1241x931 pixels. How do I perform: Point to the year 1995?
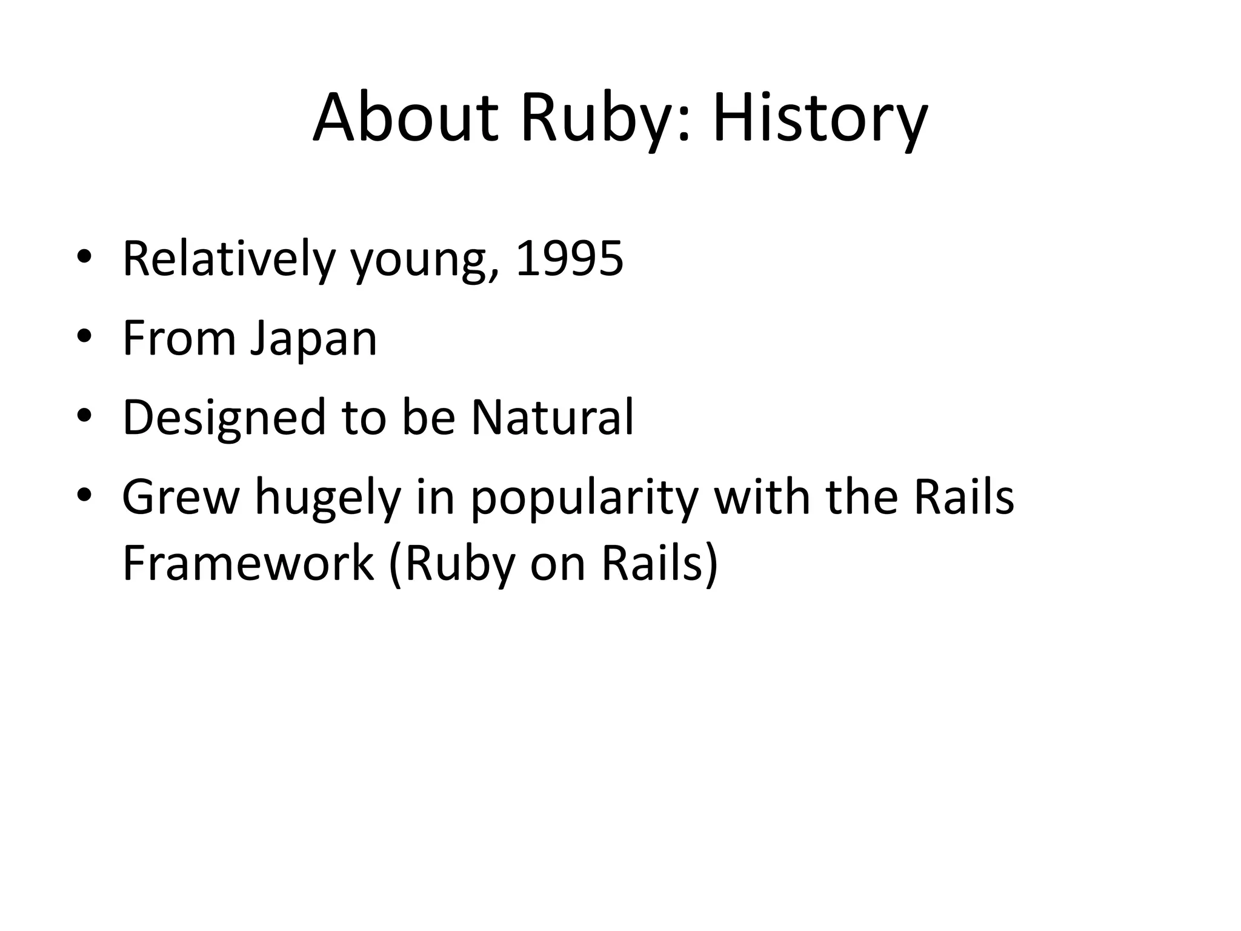[569, 259]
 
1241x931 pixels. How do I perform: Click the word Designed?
[224, 418]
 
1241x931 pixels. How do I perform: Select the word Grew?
[181, 497]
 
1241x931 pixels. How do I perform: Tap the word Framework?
[248, 563]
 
